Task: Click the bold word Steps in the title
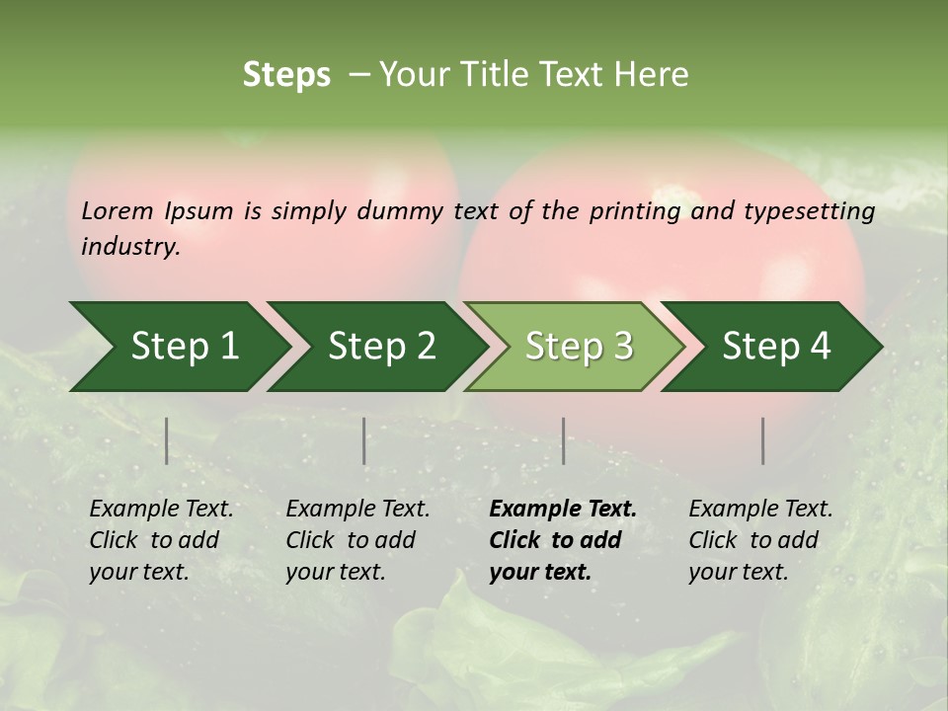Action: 286,75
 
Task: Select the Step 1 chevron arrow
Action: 178,347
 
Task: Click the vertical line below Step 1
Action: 167,440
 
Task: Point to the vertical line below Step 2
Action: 364,440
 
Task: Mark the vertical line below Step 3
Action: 564,440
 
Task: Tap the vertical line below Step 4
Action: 763,440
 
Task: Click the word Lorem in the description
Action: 118,210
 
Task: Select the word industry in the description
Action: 130,247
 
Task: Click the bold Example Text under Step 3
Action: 563,510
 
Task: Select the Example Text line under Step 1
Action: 161,510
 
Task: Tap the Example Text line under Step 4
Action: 760,510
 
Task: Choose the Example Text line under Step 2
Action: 357,510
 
